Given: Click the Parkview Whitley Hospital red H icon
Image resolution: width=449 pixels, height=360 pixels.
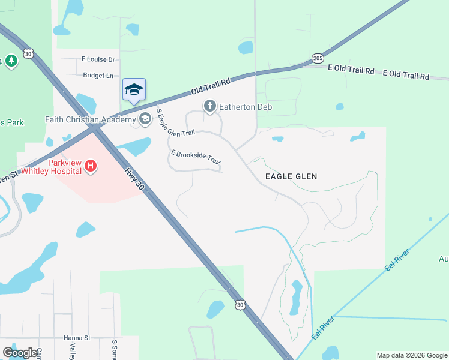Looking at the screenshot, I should [91, 166].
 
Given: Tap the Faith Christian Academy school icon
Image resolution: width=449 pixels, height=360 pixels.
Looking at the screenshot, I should [145, 119].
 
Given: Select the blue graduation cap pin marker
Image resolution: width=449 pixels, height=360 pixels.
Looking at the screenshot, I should [134, 90].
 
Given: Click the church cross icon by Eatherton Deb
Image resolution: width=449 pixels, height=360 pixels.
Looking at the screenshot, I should [209, 107].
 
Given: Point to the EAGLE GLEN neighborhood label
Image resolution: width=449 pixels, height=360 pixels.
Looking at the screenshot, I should [291, 176].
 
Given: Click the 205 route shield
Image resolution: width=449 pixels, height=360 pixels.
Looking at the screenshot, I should [318, 58].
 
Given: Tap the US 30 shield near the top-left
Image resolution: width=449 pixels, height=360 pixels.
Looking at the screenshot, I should [28, 53].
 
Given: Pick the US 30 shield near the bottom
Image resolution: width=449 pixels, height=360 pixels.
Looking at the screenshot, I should [240, 305].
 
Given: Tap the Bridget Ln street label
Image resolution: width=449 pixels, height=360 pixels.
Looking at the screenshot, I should [98, 76].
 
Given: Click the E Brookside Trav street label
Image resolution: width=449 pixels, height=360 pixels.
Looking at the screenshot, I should [196, 158].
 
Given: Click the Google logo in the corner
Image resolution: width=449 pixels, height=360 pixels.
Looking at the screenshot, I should [20, 353].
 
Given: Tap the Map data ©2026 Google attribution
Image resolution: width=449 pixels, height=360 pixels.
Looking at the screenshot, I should [411, 355].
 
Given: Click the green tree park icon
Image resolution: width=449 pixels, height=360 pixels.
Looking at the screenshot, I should [11, 61].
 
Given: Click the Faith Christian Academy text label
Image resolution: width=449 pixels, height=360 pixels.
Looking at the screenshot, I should [91, 119].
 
